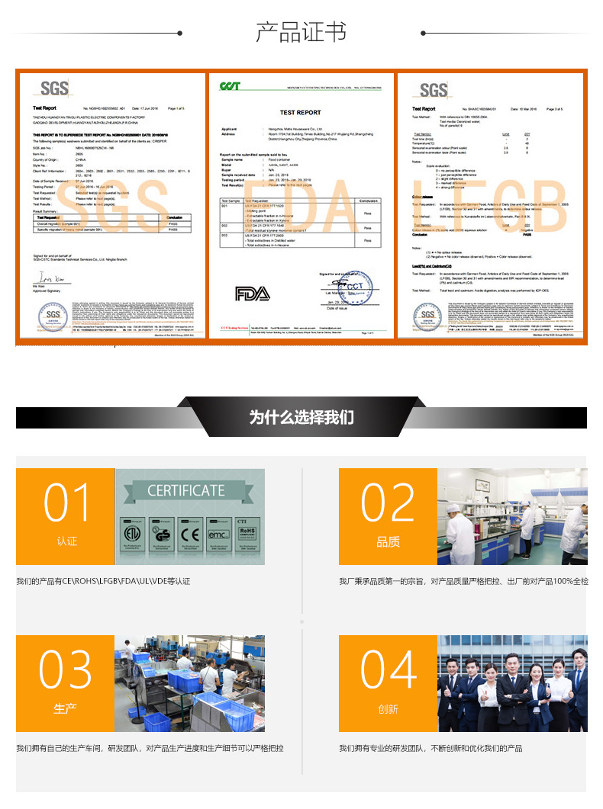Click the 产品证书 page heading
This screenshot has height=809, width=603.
pos(301,33)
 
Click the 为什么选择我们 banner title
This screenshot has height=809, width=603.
pos(301,418)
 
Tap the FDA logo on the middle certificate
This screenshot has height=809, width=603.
pos(252,294)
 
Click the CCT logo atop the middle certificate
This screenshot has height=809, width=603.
pos(230,86)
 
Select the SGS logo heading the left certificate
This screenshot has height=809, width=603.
pos(54,89)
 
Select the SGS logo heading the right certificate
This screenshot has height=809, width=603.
pos(433,90)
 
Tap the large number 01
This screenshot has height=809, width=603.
pos(66,503)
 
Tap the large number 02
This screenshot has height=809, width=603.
pos(388,503)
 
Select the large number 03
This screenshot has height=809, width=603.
pos(66,670)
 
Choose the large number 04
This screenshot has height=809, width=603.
pos(388,670)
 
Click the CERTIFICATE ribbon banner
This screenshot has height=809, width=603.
pos(186,490)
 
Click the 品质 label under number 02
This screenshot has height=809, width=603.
pos(388,541)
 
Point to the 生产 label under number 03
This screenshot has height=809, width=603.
pos(66,708)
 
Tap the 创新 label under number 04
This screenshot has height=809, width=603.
pos(388,708)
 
